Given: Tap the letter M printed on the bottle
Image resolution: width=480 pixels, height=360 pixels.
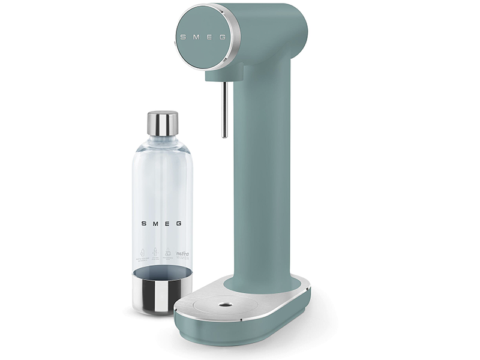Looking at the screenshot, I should point(155,223).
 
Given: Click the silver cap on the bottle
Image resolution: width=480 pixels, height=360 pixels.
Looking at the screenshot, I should point(163,123).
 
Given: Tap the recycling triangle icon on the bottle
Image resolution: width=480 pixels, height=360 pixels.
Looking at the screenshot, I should point(169,253).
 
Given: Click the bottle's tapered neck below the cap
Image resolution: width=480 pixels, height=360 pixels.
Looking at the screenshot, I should point(162,144).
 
